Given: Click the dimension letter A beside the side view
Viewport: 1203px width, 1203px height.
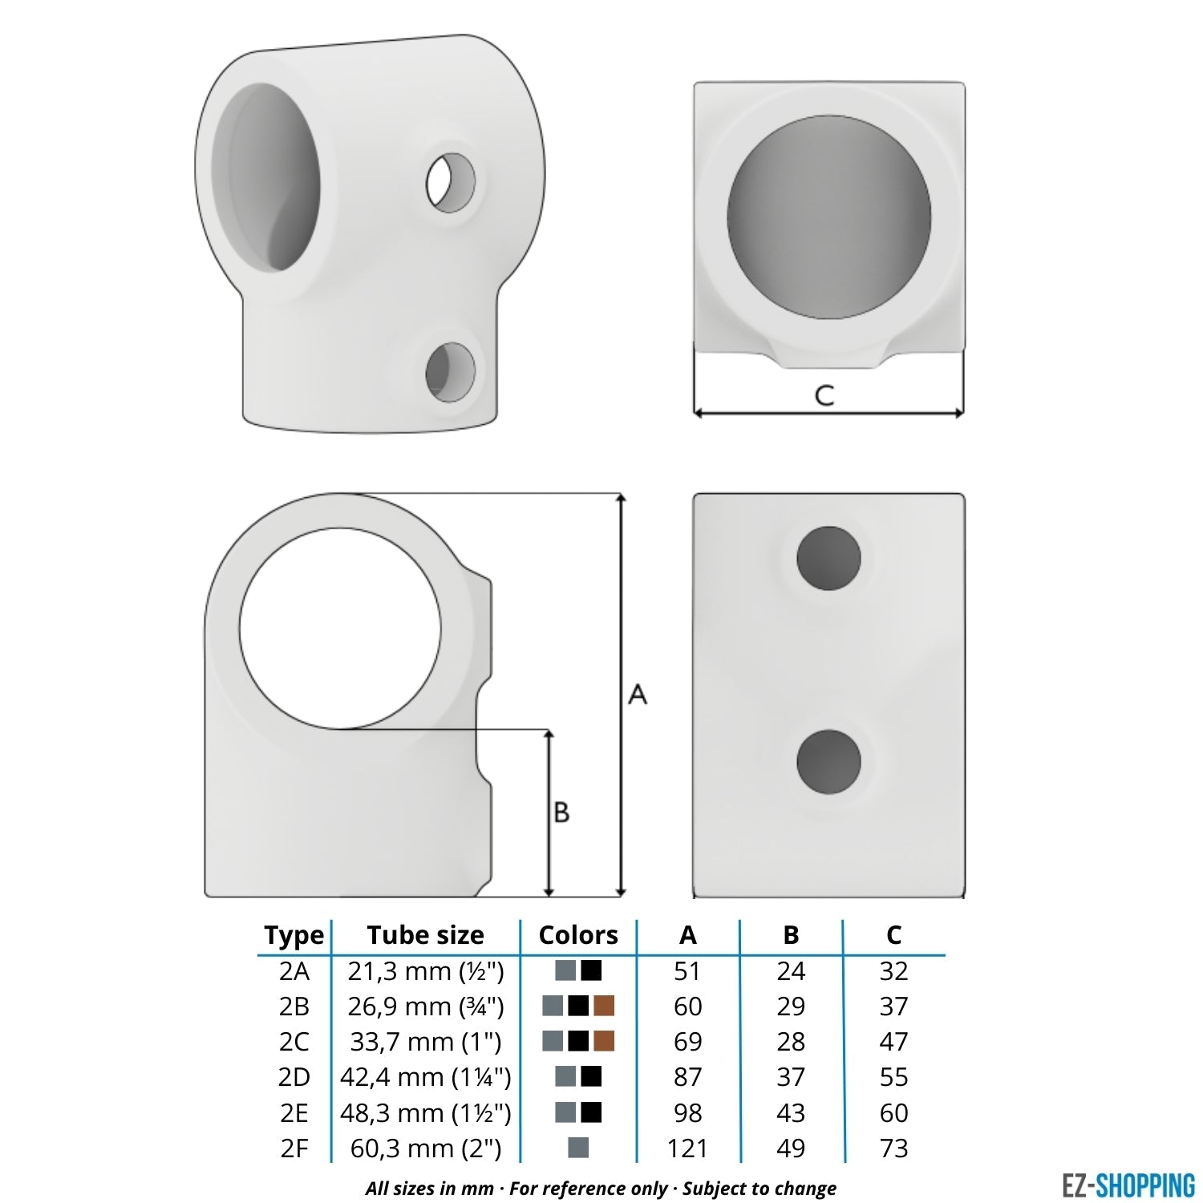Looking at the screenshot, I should [x=638, y=695].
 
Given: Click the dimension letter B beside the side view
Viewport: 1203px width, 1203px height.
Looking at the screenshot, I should [x=561, y=812].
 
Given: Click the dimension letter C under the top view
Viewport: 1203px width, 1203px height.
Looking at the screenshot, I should [x=824, y=395].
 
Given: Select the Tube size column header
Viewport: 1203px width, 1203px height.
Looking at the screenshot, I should [x=425, y=935].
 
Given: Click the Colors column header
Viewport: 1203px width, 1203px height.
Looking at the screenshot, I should [x=578, y=935].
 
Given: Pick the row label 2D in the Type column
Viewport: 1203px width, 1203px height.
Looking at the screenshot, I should [x=294, y=1077].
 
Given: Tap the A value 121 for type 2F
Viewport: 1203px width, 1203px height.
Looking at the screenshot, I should [x=687, y=1148].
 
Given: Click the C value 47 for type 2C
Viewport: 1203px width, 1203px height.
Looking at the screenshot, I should [x=893, y=1042].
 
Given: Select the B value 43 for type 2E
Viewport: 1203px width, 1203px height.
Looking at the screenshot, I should [x=790, y=1113].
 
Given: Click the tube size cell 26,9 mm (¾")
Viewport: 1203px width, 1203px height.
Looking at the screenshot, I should [x=425, y=1007].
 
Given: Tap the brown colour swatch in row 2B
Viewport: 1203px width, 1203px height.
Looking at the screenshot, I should [x=604, y=1006].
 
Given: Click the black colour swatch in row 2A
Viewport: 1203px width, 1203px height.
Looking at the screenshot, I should [x=591, y=970].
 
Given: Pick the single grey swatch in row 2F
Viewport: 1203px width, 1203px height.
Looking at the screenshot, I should [x=578, y=1148].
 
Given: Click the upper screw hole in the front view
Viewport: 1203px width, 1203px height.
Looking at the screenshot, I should [x=828, y=558].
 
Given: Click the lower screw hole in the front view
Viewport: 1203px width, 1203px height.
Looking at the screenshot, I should [x=828, y=762].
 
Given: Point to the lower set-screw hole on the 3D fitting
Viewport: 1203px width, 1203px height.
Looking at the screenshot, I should [x=450, y=372].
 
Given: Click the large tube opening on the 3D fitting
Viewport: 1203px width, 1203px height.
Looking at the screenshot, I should [x=273, y=177].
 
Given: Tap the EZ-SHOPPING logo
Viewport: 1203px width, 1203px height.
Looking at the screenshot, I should [x=1128, y=1185].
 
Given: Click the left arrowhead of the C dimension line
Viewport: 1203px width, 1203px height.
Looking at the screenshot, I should [x=699, y=413].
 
